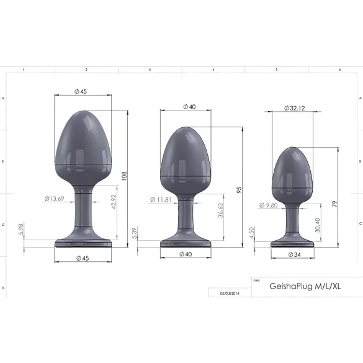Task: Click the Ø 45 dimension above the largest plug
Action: click(x=81, y=91)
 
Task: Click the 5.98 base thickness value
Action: click(x=22, y=231)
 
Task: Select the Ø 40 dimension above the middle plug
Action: click(x=189, y=106)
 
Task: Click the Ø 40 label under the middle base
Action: click(x=186, y=253)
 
